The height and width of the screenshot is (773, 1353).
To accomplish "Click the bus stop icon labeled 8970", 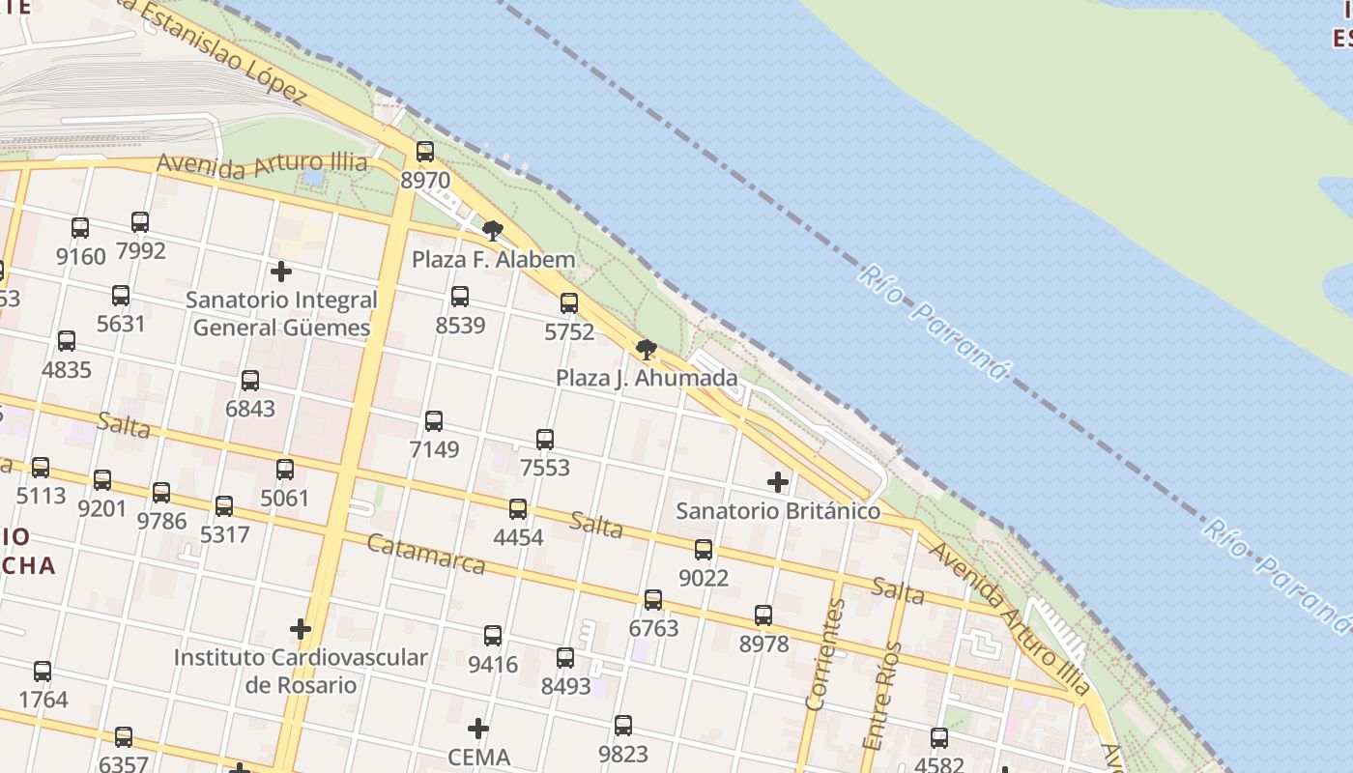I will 425,152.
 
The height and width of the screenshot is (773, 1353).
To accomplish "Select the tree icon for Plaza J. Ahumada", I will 647,349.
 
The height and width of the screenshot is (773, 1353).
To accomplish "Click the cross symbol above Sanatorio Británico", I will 778,481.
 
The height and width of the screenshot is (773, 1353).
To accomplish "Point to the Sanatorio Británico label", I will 778,510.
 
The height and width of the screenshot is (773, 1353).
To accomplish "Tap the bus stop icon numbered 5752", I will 569,303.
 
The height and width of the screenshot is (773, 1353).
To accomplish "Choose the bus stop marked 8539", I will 460,297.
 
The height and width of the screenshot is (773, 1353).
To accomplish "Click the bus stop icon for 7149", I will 434,420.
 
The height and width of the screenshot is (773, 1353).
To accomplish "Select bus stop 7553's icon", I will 545,440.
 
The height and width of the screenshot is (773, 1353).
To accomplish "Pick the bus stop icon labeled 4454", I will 518,509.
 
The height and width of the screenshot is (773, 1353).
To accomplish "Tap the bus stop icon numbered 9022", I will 704,550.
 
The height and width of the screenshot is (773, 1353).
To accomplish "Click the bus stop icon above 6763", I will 653,600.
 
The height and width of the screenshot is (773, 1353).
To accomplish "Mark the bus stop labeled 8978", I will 763,616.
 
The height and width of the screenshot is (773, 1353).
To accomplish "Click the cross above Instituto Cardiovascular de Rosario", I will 301,629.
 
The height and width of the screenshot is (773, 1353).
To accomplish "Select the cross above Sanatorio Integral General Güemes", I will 281,272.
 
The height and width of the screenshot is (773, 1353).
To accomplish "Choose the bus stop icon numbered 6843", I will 250,381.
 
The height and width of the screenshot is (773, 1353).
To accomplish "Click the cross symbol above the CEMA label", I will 478,729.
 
